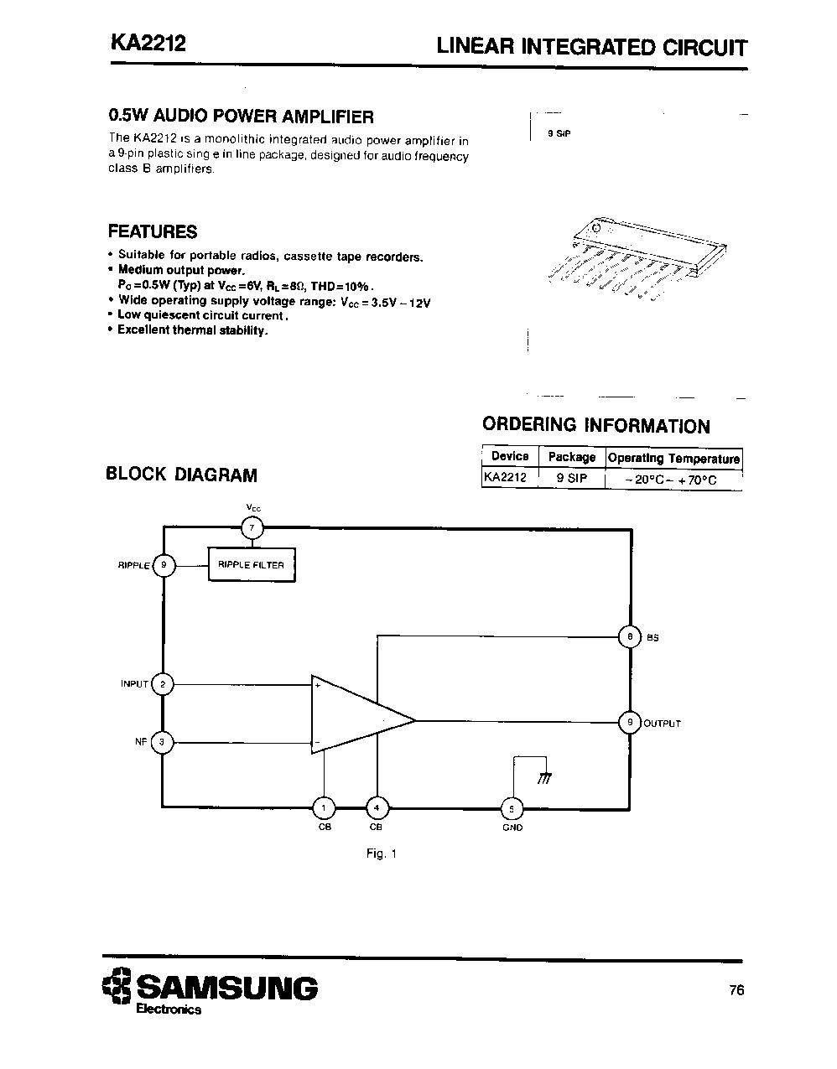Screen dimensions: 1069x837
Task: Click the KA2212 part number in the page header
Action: [x=147, y=44]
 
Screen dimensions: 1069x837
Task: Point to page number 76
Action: [x=736, y=990]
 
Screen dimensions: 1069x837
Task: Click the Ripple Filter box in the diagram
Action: [x=252, y=565]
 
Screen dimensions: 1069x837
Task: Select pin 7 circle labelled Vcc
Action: [x=252, y=528]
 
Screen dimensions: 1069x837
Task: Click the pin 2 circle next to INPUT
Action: [x=163, y=684]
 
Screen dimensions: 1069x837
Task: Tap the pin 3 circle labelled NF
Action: [x=163, y=742]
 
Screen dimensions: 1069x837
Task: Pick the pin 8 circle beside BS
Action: [x=629, y=637]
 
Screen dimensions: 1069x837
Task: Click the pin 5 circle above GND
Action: [x=512, y=808]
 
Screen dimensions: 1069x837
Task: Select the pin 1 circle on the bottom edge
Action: [x=324, y=807]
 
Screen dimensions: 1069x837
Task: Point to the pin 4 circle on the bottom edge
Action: [x=377, y=807]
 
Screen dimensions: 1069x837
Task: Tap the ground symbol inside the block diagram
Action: [x=544, y=777]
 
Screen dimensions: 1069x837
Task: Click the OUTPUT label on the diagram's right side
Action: [x=662, y=724]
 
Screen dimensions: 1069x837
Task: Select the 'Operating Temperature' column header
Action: [x=673, y=459]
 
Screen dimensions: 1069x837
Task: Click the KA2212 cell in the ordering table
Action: [x=506, y=479]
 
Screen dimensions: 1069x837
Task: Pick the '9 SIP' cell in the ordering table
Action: [x=571, y=479]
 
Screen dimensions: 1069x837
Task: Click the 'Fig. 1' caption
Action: [x=381, y=854]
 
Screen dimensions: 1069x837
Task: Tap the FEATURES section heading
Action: [x=153, y=232]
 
